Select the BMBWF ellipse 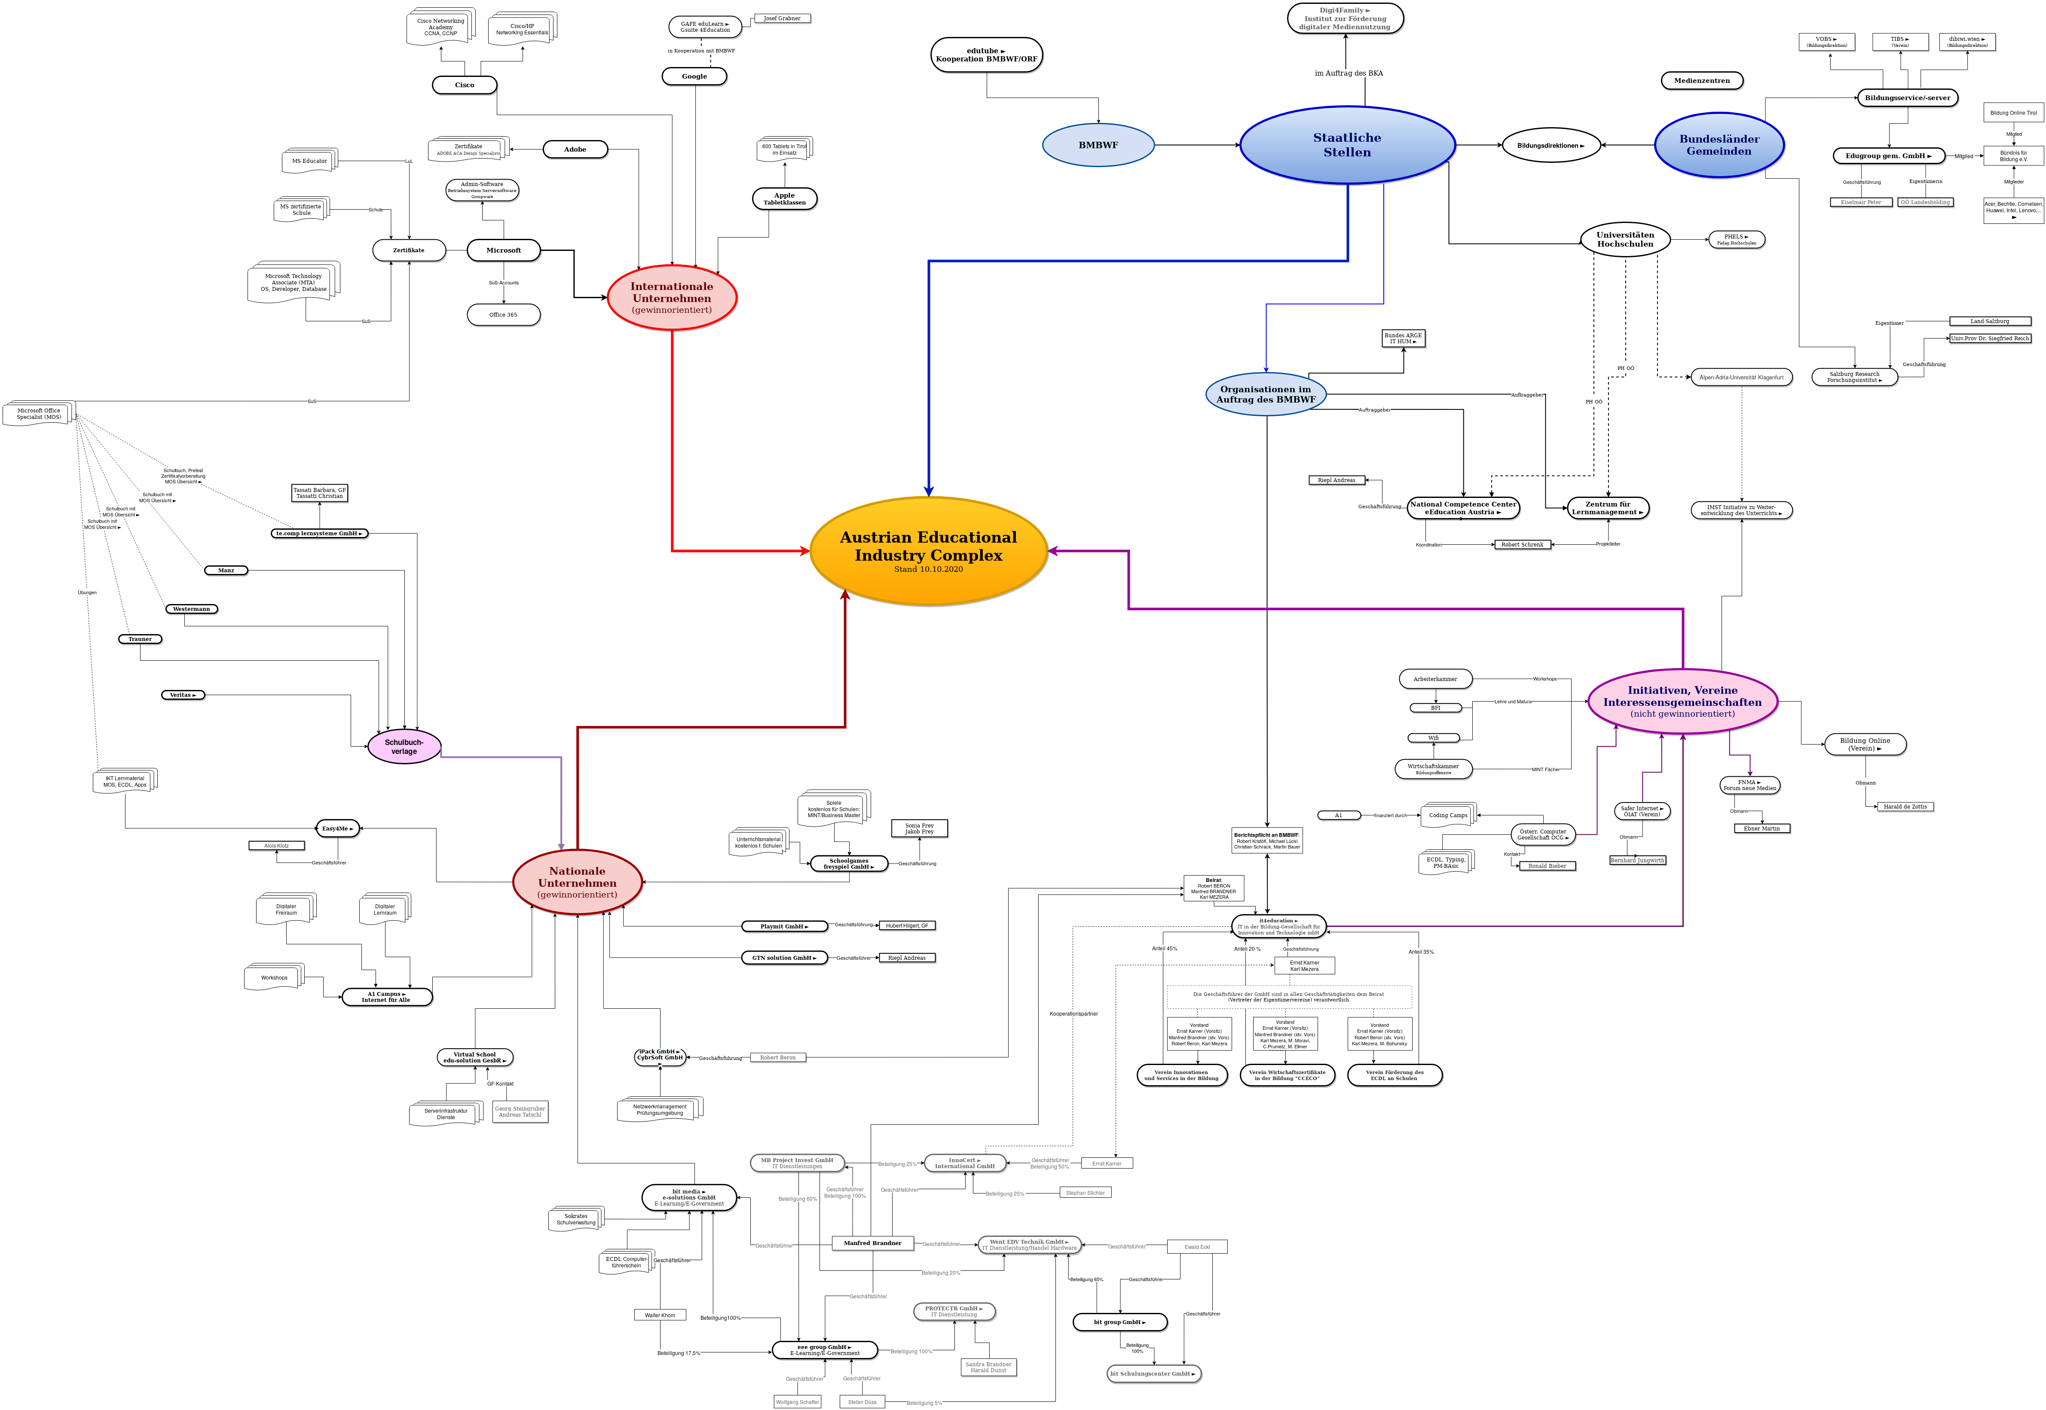tap(1098, 145)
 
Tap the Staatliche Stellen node tap(1347, 145)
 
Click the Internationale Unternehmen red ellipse tap(672, 298)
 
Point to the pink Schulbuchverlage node tap(404, 747)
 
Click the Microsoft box tap(503, 250)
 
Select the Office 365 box tap(503, 314)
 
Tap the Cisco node tap(464, 85)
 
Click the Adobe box tap(575, 150)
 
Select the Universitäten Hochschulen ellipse tap(1624, 239)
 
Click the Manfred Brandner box tap(872, 1243)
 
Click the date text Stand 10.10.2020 tap(928, 570)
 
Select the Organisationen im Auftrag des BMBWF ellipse tap(1266, 394)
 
